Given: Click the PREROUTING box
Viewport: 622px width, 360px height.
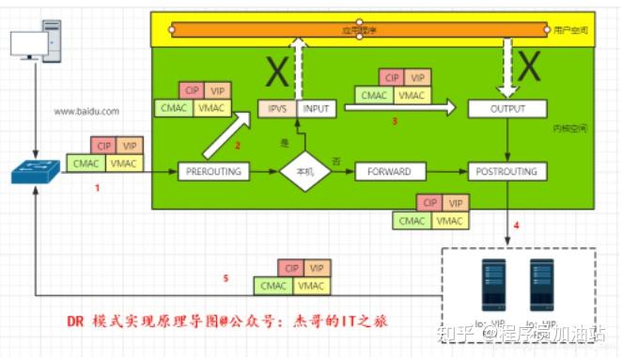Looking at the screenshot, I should tap(216, 171).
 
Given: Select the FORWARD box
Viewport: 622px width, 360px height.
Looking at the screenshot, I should tap(390, 171).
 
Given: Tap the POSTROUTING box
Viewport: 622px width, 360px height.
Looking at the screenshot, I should tap(507, 171).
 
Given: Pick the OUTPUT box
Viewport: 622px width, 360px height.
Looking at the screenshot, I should tap(507, 109).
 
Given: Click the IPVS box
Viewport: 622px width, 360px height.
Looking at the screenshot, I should tap(278, 109).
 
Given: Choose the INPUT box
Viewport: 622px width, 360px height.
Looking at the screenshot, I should tap(315, 109).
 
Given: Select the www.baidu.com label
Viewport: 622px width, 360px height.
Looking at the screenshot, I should tap(86, 111).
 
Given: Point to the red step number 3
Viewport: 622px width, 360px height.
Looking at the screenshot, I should tap(396, 122).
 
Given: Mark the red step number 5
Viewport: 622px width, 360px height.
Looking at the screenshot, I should tap(225, 279).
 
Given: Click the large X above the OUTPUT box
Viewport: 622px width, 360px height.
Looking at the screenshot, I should tap(530, 66).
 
